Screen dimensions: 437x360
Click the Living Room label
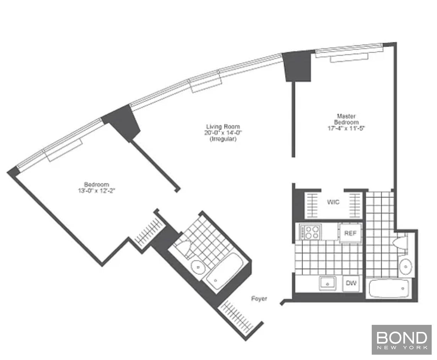[223, 127]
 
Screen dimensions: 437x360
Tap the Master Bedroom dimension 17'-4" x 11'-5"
[346, 129]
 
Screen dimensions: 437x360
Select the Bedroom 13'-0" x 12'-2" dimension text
[96, 191]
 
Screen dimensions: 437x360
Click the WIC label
[333, 202]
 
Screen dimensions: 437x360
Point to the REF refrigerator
[351, 233]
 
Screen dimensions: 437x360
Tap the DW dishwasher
[351, 283]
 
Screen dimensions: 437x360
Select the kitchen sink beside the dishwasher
[327, 283]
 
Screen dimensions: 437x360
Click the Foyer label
[259, 299]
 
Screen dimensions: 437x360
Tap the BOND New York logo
[402, 340]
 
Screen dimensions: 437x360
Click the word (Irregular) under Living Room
[223, 139]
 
